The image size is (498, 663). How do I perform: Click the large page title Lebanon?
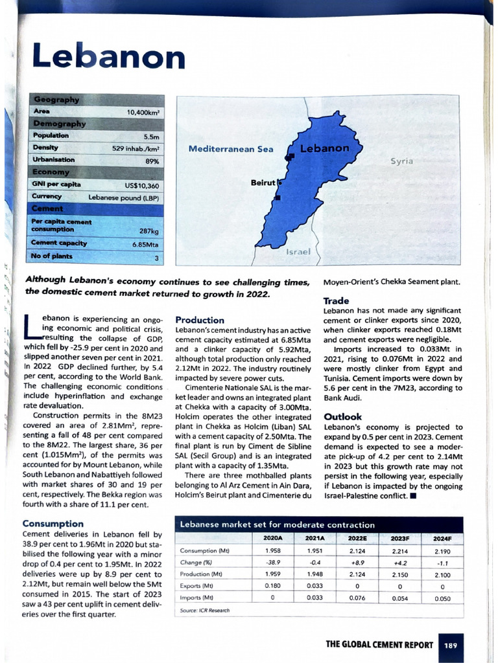coord(108,58)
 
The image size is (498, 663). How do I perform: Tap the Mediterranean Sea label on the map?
coord(231,149)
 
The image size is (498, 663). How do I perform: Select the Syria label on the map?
coord(401,161)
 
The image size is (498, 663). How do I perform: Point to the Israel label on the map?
coord(298,251)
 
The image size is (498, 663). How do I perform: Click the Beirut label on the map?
coord(263,183)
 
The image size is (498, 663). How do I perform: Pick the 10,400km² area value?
coord(143,113)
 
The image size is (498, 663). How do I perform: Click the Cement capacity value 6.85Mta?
coord(145,245)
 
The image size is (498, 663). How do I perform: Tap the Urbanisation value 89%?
coord(152,160)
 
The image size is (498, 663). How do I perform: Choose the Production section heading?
coord(200,320)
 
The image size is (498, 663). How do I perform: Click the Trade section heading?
coord(336,300)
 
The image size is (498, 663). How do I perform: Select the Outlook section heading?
coord(343,417)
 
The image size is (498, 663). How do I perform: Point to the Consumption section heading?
coord(53,523)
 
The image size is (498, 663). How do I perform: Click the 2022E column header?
coord(357,538)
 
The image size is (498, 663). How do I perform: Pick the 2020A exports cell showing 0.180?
coord(272,585)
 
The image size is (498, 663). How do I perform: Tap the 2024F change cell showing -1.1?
coord(442,562)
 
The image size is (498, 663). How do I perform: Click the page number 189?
coord(451,645)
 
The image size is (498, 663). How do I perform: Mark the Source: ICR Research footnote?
coord(204,610)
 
